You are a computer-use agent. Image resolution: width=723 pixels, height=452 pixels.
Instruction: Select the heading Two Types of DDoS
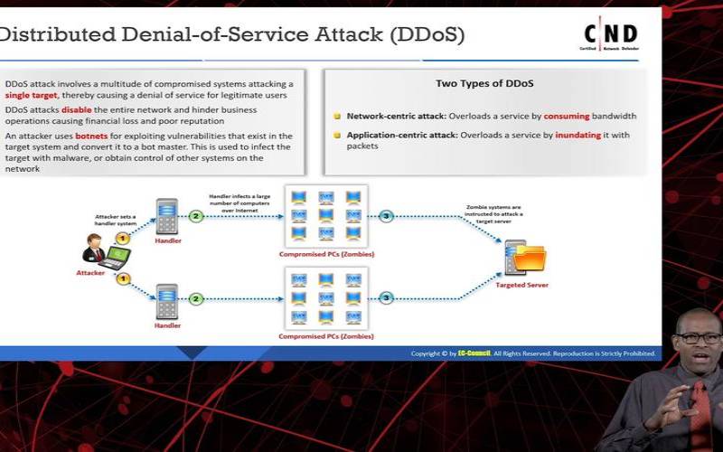point(484,84)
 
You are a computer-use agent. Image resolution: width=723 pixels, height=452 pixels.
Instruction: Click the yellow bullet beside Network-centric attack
point(337,117)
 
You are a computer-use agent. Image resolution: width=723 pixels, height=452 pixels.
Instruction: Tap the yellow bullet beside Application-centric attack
point(337,136)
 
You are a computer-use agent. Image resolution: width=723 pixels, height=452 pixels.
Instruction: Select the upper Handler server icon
point(165,218)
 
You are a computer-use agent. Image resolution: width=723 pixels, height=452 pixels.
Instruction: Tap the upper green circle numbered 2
point(195,216)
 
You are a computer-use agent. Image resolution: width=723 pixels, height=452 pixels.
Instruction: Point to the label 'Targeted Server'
point(522,285)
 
